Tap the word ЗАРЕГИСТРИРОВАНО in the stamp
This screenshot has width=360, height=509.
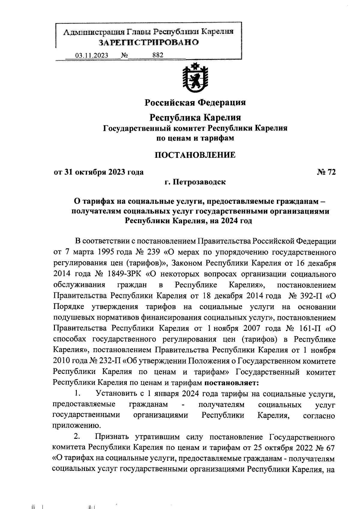[x=149, y=43]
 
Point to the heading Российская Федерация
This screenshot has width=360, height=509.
[x=195, y=103]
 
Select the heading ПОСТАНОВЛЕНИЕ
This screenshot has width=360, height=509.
[x=195, y=155]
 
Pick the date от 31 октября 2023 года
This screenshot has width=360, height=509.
[x=98, y=172]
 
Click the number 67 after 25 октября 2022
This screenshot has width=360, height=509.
[x=330, y=448]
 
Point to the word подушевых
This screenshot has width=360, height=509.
[x=71, y=317]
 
